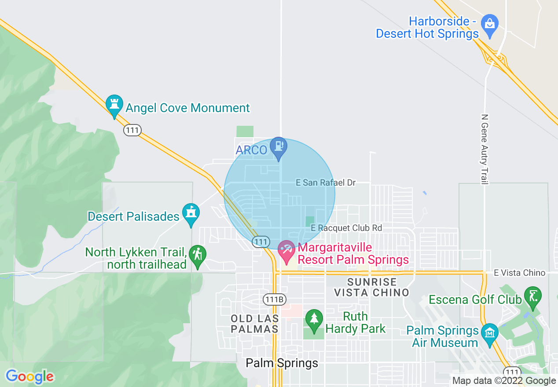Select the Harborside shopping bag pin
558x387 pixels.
click(x=489, y=24)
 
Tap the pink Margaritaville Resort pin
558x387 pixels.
click(x=286, y=251)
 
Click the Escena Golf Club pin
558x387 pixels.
click(x=533, y=296)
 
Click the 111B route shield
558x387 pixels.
click(x=275, y=299)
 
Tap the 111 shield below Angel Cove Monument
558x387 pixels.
click(x=132, y=130)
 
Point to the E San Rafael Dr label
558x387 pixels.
click(x=326, y=183)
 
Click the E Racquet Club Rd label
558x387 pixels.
click(x=346, y=228)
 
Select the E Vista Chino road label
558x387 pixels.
click(x=519, y=273)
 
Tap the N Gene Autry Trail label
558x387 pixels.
click(x=485, y=150)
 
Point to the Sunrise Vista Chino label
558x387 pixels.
click(x=371, y=287)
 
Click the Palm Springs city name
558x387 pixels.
click(x=282, y=363)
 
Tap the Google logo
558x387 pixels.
click(x=30, y=376)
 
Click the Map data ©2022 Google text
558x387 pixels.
click(x=504, y=381)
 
